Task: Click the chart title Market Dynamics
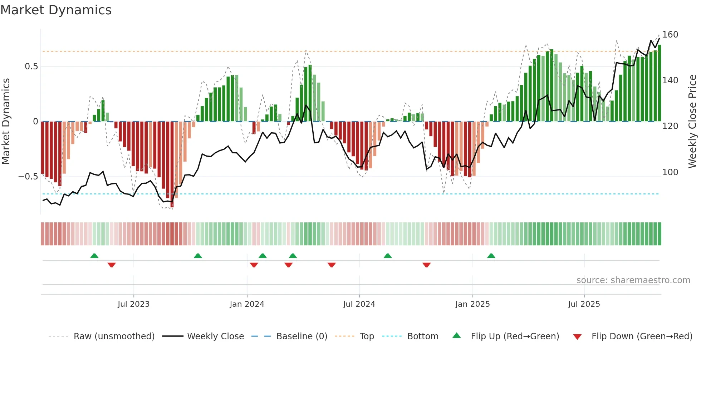[x=56, y=10]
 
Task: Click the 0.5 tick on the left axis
[x=31, y=67]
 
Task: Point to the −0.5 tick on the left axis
[x=28, y=177]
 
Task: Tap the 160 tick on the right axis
[x=670, y=35]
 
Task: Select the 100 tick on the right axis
[x=670, y=172]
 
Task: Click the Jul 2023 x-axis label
[x=133, y=304]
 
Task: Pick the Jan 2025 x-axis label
[x=472, y=304]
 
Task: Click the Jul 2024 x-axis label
[x=359, y=304]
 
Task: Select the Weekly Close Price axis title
[x=692, y=122]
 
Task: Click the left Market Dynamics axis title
[x=6, y=122]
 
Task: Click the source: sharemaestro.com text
[x=633, y=280]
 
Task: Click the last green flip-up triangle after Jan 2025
[x=491, y=256]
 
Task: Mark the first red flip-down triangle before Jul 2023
[x=112, y=265]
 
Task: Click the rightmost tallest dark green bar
[x=659, y=83]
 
